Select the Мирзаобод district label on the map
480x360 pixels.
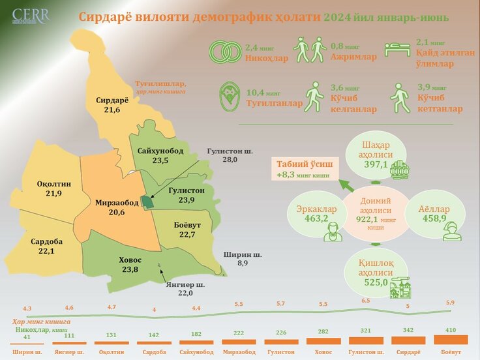pyautogui.click(x=116, y=207)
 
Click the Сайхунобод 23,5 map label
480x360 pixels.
pyautogui.click(x=160, y=156)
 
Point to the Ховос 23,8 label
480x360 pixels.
pyautogui.click(x=130, y=265)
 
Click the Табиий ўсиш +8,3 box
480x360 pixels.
pyautogui.click(x=303, y=170)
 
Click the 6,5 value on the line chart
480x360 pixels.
pyautogui.click(x=365, y=301)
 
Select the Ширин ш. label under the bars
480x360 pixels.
pyautogui.click(x=27, y=352)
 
